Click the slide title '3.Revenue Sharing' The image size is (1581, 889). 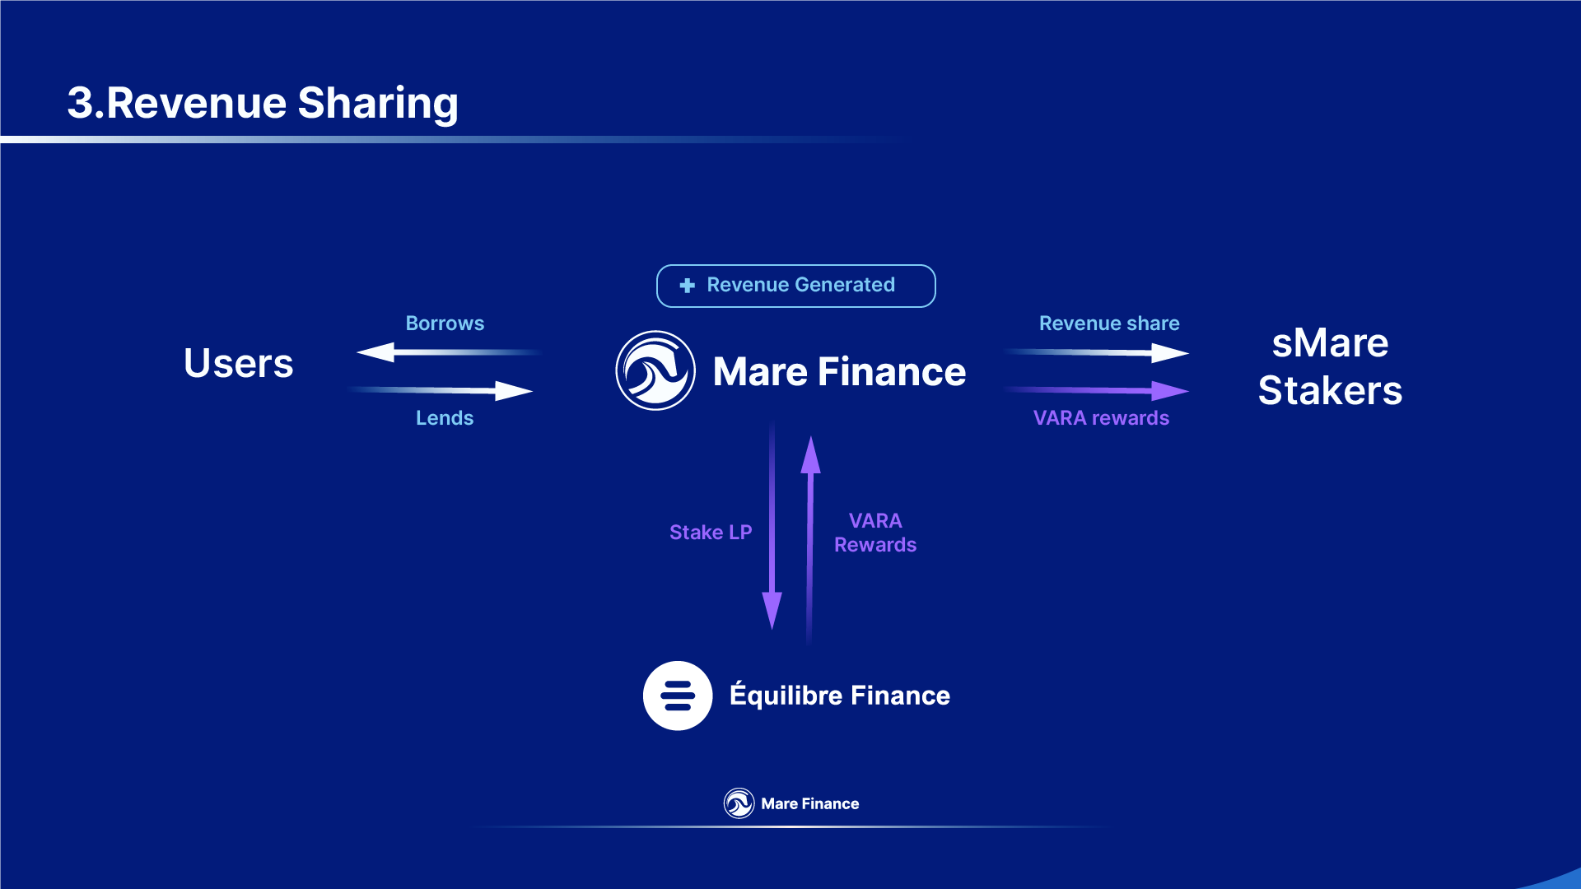point(262,104)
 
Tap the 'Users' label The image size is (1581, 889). point(238,363)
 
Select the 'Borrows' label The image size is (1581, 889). point(445,323)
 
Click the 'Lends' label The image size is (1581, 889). point(445,418)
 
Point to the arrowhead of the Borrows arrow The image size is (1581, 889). point(375,352)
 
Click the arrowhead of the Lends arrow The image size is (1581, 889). point(514,391)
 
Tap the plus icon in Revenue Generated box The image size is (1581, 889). point(687,286)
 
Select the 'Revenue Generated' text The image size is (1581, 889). point(800,285)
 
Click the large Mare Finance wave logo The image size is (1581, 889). point(655,370)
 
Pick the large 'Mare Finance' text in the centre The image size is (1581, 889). point(839,371)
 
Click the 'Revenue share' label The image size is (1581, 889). point(1109,323)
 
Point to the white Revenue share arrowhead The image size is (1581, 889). point(1170,353)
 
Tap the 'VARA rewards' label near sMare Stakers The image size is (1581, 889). point(1101,418)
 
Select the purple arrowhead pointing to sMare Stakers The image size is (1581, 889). point(1170,390)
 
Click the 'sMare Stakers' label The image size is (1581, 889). point(1330,366)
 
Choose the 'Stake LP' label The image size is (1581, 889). point(711,533)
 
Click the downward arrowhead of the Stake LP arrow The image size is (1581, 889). point(772,611)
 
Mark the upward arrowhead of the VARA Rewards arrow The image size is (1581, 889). point(811,455)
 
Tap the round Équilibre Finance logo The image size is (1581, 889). point(678,696)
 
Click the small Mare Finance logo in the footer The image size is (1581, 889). point(739,803)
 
